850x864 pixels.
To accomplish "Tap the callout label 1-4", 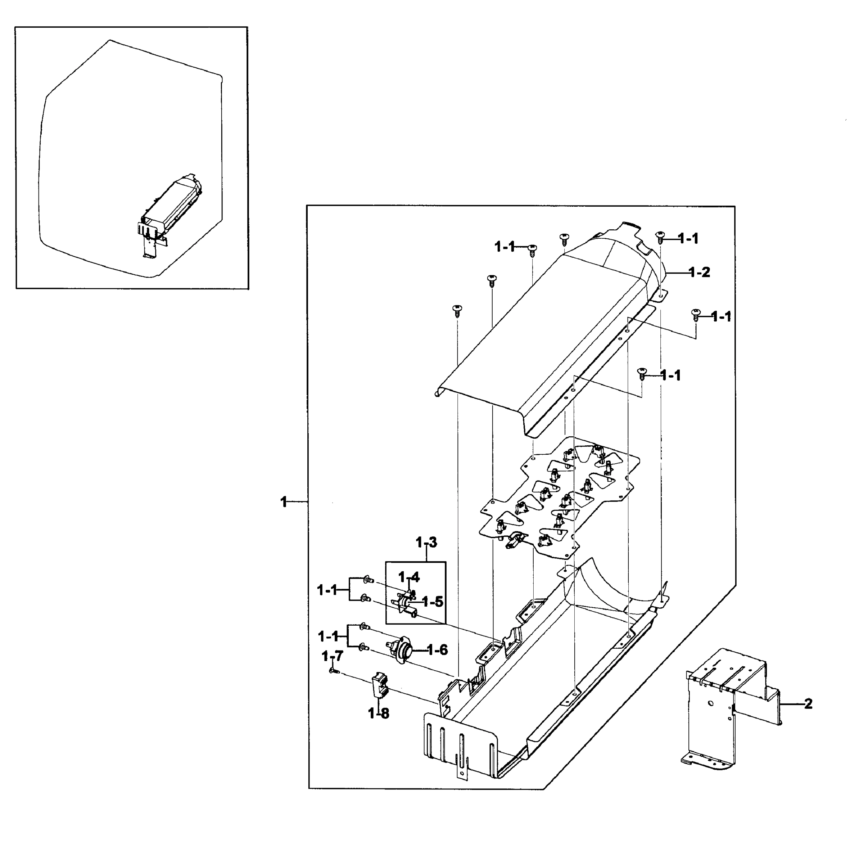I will [x=409, y=577].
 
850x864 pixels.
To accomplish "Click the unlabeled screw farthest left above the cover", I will [x=457, y=310].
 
